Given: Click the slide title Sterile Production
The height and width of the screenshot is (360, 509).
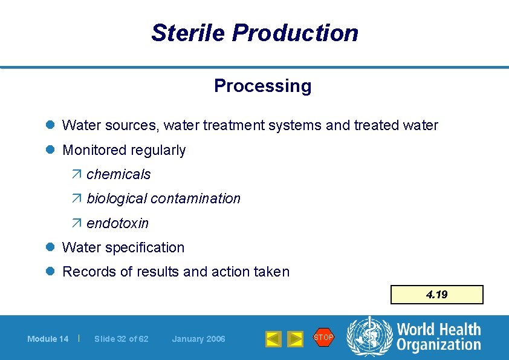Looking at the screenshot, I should point(254,33).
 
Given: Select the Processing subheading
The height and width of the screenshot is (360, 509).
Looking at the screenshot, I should point(262,86).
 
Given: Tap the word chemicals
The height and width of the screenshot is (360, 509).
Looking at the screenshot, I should point(118,174).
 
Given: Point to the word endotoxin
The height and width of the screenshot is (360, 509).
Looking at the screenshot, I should point(117,223).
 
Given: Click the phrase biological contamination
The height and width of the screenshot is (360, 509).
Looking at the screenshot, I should point(163,198).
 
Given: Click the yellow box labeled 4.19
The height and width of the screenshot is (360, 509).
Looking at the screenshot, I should point(436,295).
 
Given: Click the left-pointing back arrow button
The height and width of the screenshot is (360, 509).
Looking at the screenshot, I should point(273,339).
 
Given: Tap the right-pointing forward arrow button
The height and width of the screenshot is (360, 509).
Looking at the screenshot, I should point(295,339).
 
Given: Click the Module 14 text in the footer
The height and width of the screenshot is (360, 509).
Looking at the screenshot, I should point(48,339).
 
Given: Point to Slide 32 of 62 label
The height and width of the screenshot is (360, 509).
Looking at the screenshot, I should point(121,339).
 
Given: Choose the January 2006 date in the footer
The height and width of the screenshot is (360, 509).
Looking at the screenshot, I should point(198,339).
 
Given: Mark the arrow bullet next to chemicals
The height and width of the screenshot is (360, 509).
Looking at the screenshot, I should point(77,174).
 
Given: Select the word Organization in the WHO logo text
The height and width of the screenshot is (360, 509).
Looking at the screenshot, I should point(438,345).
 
